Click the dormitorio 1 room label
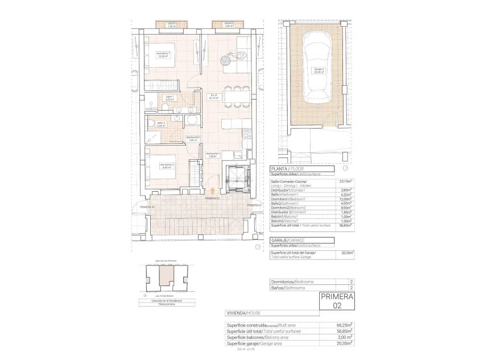pos(163,55)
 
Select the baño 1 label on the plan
pos(169,98)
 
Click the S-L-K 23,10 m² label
pos(214,96)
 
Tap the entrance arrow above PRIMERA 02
pos(213,192)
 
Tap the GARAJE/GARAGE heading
pos(290,241)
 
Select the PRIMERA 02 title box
pos(337,301)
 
